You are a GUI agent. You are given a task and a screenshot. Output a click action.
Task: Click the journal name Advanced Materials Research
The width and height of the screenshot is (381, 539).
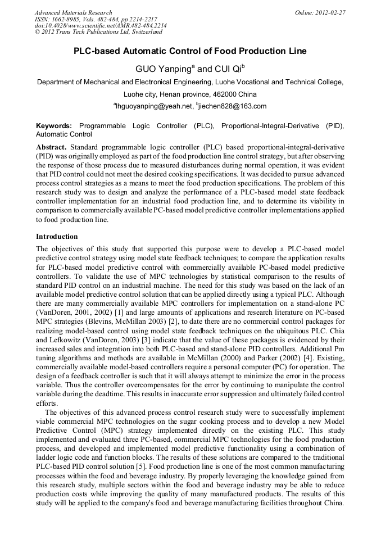click(73, 12)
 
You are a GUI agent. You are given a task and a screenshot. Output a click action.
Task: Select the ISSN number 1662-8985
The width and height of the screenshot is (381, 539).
click(66, 19)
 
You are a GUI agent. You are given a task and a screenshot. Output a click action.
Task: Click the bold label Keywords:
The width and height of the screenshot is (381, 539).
click(54, 126)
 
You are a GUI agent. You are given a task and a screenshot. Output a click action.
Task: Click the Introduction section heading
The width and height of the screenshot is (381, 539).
click(57, 237)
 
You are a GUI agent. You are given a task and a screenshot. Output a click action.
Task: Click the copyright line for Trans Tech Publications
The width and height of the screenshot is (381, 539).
click(98, 33)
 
